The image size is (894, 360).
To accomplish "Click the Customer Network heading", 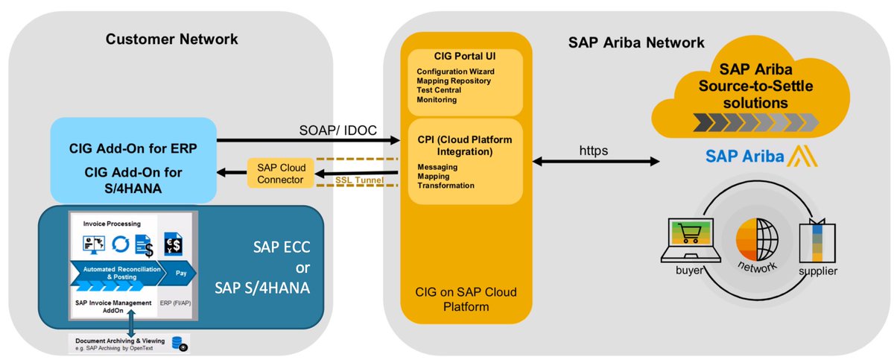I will (172, 39).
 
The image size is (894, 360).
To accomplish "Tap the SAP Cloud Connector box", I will (276, 174).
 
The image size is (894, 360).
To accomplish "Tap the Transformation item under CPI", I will (446, 186).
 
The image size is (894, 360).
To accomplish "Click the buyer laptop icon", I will (690, 241).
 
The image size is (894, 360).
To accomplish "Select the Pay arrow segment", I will (181, 274).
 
